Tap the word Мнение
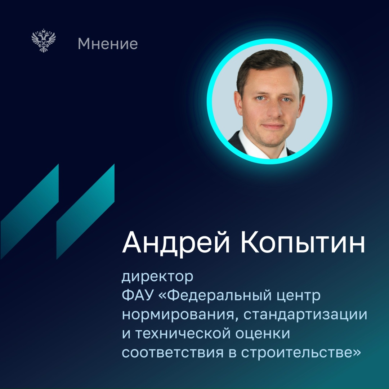click(108, 44)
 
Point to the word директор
click(158, 278)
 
